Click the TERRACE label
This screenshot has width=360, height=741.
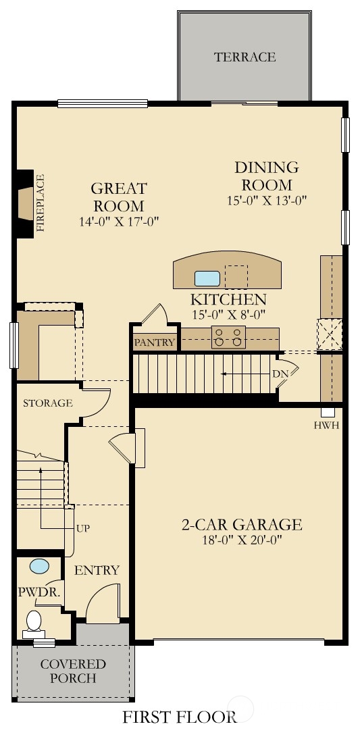245,57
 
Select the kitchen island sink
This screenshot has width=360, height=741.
207,278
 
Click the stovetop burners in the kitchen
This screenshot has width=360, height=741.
229,337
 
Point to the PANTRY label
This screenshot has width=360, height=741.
155,342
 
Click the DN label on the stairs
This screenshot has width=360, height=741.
280,374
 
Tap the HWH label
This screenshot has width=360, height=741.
327,426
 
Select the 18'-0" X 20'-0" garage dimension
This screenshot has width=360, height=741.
242,540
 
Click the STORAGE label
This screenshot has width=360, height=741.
48,403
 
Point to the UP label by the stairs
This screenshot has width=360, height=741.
82,528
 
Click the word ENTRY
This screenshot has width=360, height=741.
97,570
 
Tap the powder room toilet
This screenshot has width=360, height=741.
34,623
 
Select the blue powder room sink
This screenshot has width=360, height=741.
39,566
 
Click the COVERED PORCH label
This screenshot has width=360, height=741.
73,671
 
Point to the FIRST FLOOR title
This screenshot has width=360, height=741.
180,717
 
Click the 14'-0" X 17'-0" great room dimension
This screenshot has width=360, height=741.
119,222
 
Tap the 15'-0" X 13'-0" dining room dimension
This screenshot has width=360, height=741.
267,201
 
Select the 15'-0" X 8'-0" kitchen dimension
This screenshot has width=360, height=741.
228,313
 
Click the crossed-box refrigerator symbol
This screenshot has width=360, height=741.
330,334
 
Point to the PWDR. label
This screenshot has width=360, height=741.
39,591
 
